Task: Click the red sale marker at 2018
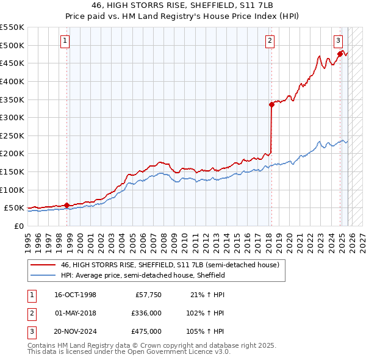coord(271,104)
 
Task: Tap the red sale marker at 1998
coord(66,205)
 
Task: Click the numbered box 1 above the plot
coord(65,41)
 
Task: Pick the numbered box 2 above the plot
coord(270,41)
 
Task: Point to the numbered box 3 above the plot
coord(338,41)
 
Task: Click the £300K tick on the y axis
coord(13,117)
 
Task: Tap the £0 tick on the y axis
coord(18,226)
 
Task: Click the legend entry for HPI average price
coord(143,275)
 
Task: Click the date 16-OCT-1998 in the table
coord(75,295)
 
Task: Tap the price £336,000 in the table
coord(146,313)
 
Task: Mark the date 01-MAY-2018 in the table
coord(75,313)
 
